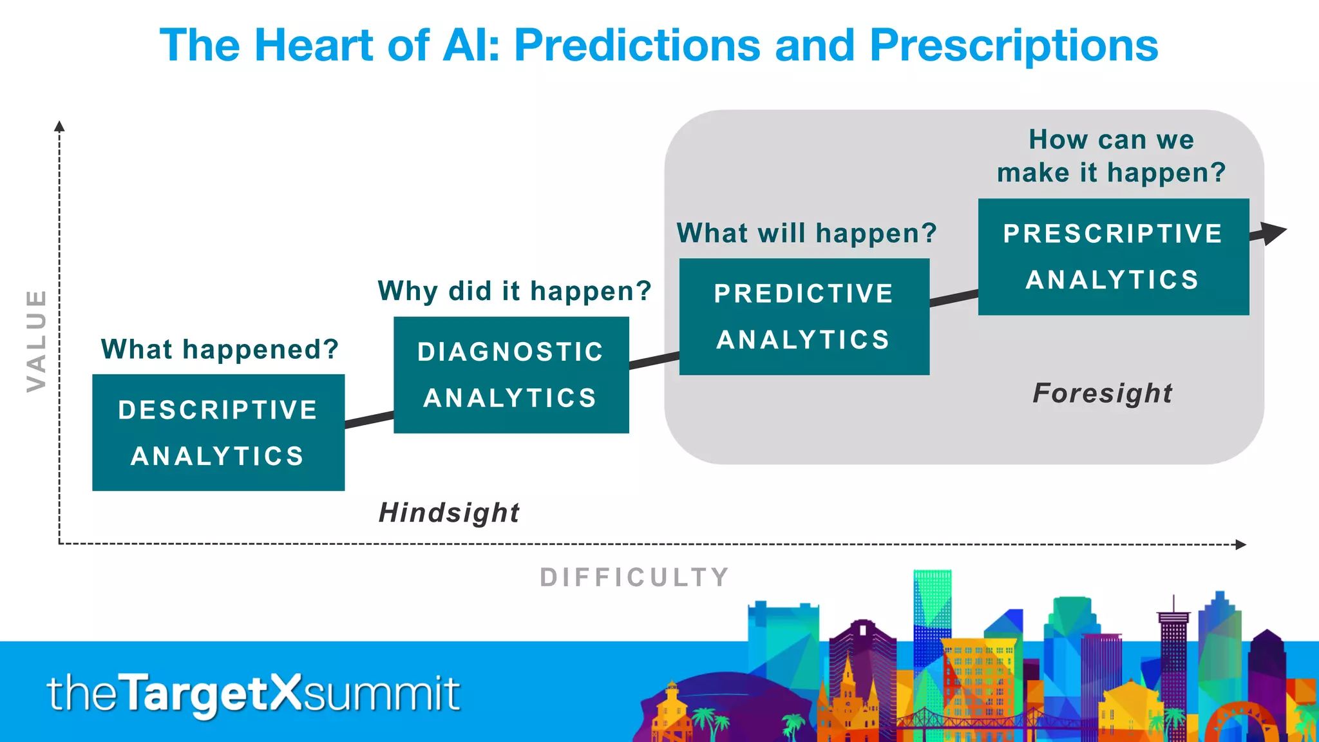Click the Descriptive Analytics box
click(x=218, y=433)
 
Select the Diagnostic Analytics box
click(x=511, y=375)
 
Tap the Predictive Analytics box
click(x=804, y=317)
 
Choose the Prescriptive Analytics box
click(x=1113, y=257)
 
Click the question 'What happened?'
click(x=220, y=350)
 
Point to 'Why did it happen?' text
click(x=514, y=291)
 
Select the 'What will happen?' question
click(x=806, y=233)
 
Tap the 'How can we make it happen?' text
click(x=1111, y=157)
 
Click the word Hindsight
click(x=449, y=513)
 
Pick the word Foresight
click(x=1103, y=393)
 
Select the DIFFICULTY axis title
click(x=634, y=577)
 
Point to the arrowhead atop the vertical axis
click(x=59, y=126)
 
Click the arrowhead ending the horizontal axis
click(x=1241, y=544)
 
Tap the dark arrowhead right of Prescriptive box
click(x=1272, y=233)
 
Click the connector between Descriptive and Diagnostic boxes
click(x=369, y=419)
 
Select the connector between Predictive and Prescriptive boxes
click(x=954, y=298)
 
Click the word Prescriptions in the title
click(x=1014, y=46)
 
